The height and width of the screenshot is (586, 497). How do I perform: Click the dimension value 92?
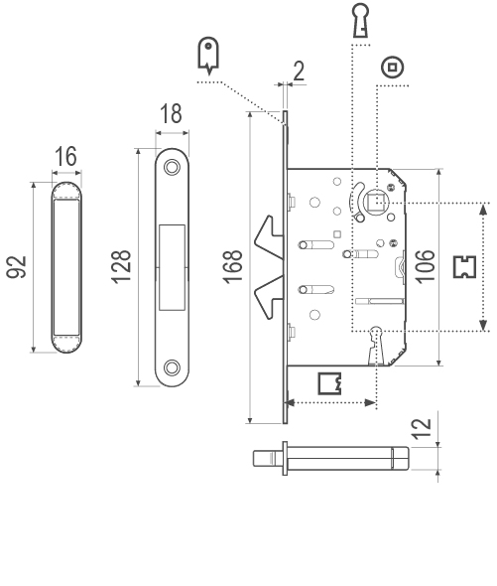(x=17, y=267)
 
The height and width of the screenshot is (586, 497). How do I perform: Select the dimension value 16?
(x=66, y=156)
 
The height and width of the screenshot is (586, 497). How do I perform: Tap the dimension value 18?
(x=171, y=113)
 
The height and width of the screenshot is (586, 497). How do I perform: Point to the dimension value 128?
(x=121, y=267)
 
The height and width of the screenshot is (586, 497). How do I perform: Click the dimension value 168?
(x=233, y=266)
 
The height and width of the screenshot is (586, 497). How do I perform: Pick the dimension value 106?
(x=425, y=266)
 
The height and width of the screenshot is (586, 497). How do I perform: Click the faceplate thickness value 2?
(x=299, y=71)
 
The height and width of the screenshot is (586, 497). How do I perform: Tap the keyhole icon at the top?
(x=361, y=21)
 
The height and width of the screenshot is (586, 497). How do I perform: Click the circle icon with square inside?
(x=393, y=68)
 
